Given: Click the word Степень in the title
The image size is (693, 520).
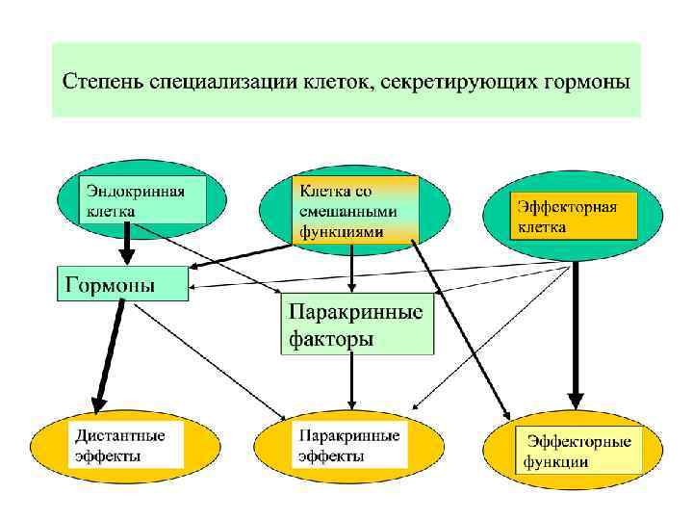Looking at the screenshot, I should click(103, 81).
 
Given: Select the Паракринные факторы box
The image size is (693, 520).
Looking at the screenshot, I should click(356, 325).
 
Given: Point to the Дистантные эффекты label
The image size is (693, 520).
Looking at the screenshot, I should click(121, 445).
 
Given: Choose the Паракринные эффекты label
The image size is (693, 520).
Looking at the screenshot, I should click(348, 445).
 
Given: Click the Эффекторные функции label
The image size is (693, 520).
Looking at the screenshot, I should click(577, 450).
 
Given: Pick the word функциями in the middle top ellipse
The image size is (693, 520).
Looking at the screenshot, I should click(342, 231).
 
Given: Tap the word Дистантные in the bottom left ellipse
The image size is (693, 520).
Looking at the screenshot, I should click(121, 436).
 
